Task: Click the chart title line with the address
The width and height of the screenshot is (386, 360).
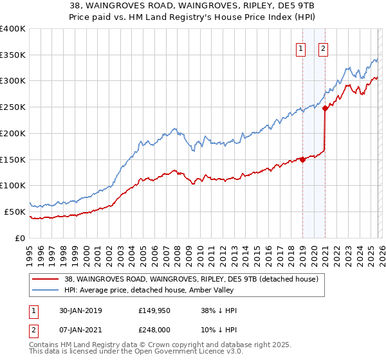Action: tap(193, 6)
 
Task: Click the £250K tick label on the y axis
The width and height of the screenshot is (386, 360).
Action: tap(13, 107)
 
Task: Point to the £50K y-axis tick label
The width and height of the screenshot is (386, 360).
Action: tap(15, 212)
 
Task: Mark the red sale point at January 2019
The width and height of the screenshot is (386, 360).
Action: tap(302, 159)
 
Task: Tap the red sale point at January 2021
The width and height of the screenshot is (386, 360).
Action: tap(325, 109)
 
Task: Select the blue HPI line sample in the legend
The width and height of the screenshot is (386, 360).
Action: tap(45, 290)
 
